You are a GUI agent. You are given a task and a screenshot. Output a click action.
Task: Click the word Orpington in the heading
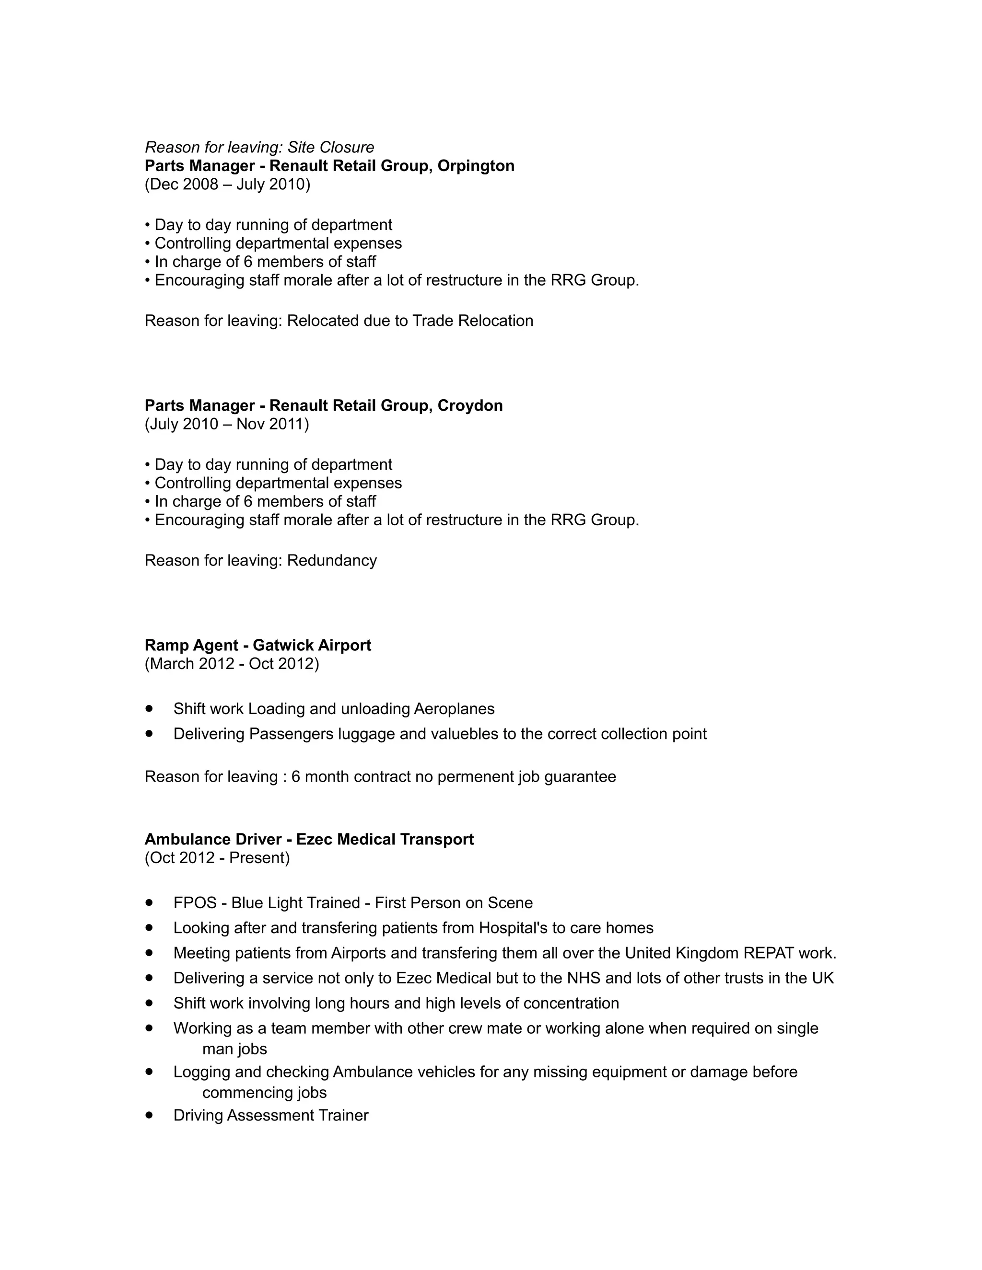coord(475,166)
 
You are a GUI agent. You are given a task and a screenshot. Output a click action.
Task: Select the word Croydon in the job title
coord(469,406)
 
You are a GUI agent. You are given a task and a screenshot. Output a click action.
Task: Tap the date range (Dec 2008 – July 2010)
coord(227,185)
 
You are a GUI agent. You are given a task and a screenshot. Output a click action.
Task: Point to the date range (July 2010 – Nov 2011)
coord(227,425)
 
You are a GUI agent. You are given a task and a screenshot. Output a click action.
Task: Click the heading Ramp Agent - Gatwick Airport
coord(257,646)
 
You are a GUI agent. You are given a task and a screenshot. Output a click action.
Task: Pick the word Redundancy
coord(332,561)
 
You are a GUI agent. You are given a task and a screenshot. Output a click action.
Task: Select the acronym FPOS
coord(195,903)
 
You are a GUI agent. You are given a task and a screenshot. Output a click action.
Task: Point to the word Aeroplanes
coord(454,709)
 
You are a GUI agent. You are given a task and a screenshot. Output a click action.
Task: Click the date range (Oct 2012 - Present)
coord(217,858)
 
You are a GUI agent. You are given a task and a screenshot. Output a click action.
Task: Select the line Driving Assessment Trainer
coord(270,1115)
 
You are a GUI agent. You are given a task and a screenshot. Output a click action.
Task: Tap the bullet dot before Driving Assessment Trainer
coord(150,1115)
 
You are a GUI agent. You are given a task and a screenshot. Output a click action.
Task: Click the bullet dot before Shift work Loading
coord(150,708)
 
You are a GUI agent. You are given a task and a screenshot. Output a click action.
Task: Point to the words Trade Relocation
coord(472,321)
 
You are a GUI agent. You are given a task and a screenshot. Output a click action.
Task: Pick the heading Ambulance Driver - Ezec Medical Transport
coord(309,840)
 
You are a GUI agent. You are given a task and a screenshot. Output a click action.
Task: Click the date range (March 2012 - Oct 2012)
coord(232,664)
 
